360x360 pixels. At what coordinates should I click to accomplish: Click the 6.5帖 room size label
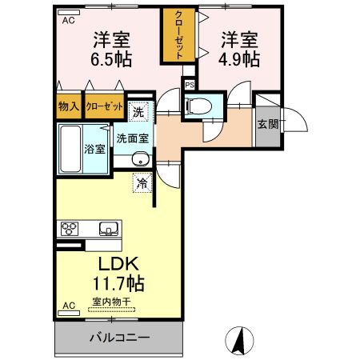pyautogui.click(x=111, y=59)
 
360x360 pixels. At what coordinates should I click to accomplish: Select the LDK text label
pyautogui.click(x=119, y=265)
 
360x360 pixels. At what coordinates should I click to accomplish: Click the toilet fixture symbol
pyautogui.click(x=198, y=106)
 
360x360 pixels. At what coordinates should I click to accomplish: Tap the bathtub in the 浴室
pyautogui.click(x=69, y=148)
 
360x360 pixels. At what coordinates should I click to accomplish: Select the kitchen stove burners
pyautogui.click(x=69, y=229)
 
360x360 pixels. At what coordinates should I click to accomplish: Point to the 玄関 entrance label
pyautogui.click(x=266, y=124)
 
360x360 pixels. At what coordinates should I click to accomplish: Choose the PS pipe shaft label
pyautogui.click(x=190, y=84)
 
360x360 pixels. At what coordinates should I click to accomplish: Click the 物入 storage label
pyautogui.click(x=69, y=106)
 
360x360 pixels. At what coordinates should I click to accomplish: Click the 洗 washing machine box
pyautogui.click(x=138, y=113)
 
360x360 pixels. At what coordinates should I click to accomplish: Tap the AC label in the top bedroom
pyautogui.click(x=69, y=22)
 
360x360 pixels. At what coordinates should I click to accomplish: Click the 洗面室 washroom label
pyautogui.click(x=133, y=137)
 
